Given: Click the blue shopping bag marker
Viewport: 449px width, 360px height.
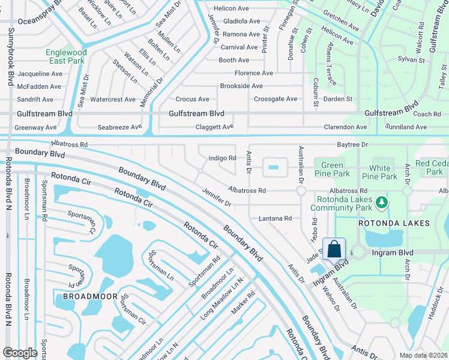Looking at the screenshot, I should (334, 248).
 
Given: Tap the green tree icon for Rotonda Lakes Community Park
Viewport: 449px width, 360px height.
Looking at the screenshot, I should (381, 204).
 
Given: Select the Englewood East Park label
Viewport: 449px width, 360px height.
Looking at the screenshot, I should (66, 56).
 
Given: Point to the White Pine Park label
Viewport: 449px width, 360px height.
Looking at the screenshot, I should (383, 172).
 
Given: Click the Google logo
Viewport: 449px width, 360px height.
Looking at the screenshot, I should (20, 353).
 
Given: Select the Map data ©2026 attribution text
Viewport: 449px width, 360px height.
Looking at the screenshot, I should (423, 355).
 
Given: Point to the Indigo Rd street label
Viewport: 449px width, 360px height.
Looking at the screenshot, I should (221, 158).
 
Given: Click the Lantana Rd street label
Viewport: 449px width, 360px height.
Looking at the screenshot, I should (275, 218).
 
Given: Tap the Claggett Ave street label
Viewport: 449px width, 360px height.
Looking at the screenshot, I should (214, 127).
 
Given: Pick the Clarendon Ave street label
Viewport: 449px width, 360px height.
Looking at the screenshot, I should (345, 127).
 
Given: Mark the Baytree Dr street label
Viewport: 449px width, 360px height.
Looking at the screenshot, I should (352, 145).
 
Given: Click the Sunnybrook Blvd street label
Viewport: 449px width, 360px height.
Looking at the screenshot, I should (10, 60).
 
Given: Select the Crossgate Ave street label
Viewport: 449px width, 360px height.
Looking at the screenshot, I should (276, 99).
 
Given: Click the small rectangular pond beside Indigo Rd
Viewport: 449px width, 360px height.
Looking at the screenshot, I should (276, 167).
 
